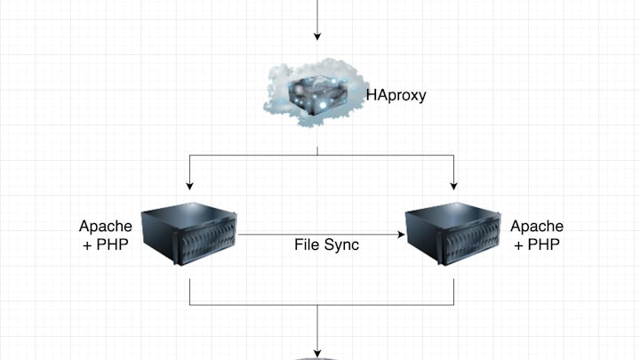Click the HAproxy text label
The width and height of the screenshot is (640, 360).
coord(396,93)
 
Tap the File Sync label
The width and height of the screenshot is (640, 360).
coord(326,244)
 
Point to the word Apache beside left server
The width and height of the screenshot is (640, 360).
coord(106,227)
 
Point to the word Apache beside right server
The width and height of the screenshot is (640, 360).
coord(537,227)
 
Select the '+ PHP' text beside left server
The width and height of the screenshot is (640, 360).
coord(106,244)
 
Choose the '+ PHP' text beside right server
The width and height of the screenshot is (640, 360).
coord(537,244)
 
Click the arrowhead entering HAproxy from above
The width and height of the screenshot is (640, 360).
coord(317,38)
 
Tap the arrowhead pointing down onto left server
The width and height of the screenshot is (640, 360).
coord(191,186)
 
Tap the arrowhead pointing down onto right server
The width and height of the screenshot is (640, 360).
coord(454,186)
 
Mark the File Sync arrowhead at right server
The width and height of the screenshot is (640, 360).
coord(401,235)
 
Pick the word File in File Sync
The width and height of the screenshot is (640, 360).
coord(307,244)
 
